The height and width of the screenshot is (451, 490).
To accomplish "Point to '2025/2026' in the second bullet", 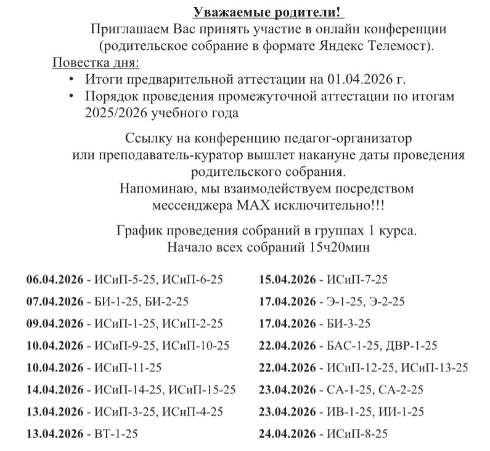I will [112, 114].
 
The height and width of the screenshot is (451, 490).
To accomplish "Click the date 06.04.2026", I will [54, 279].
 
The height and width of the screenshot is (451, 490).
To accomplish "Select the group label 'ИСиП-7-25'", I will [357, 279].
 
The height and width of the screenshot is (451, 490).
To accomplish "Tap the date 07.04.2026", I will [54, 302].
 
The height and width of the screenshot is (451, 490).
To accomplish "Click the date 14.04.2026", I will [54, 390].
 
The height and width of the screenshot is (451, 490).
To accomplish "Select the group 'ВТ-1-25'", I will [115, 434].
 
